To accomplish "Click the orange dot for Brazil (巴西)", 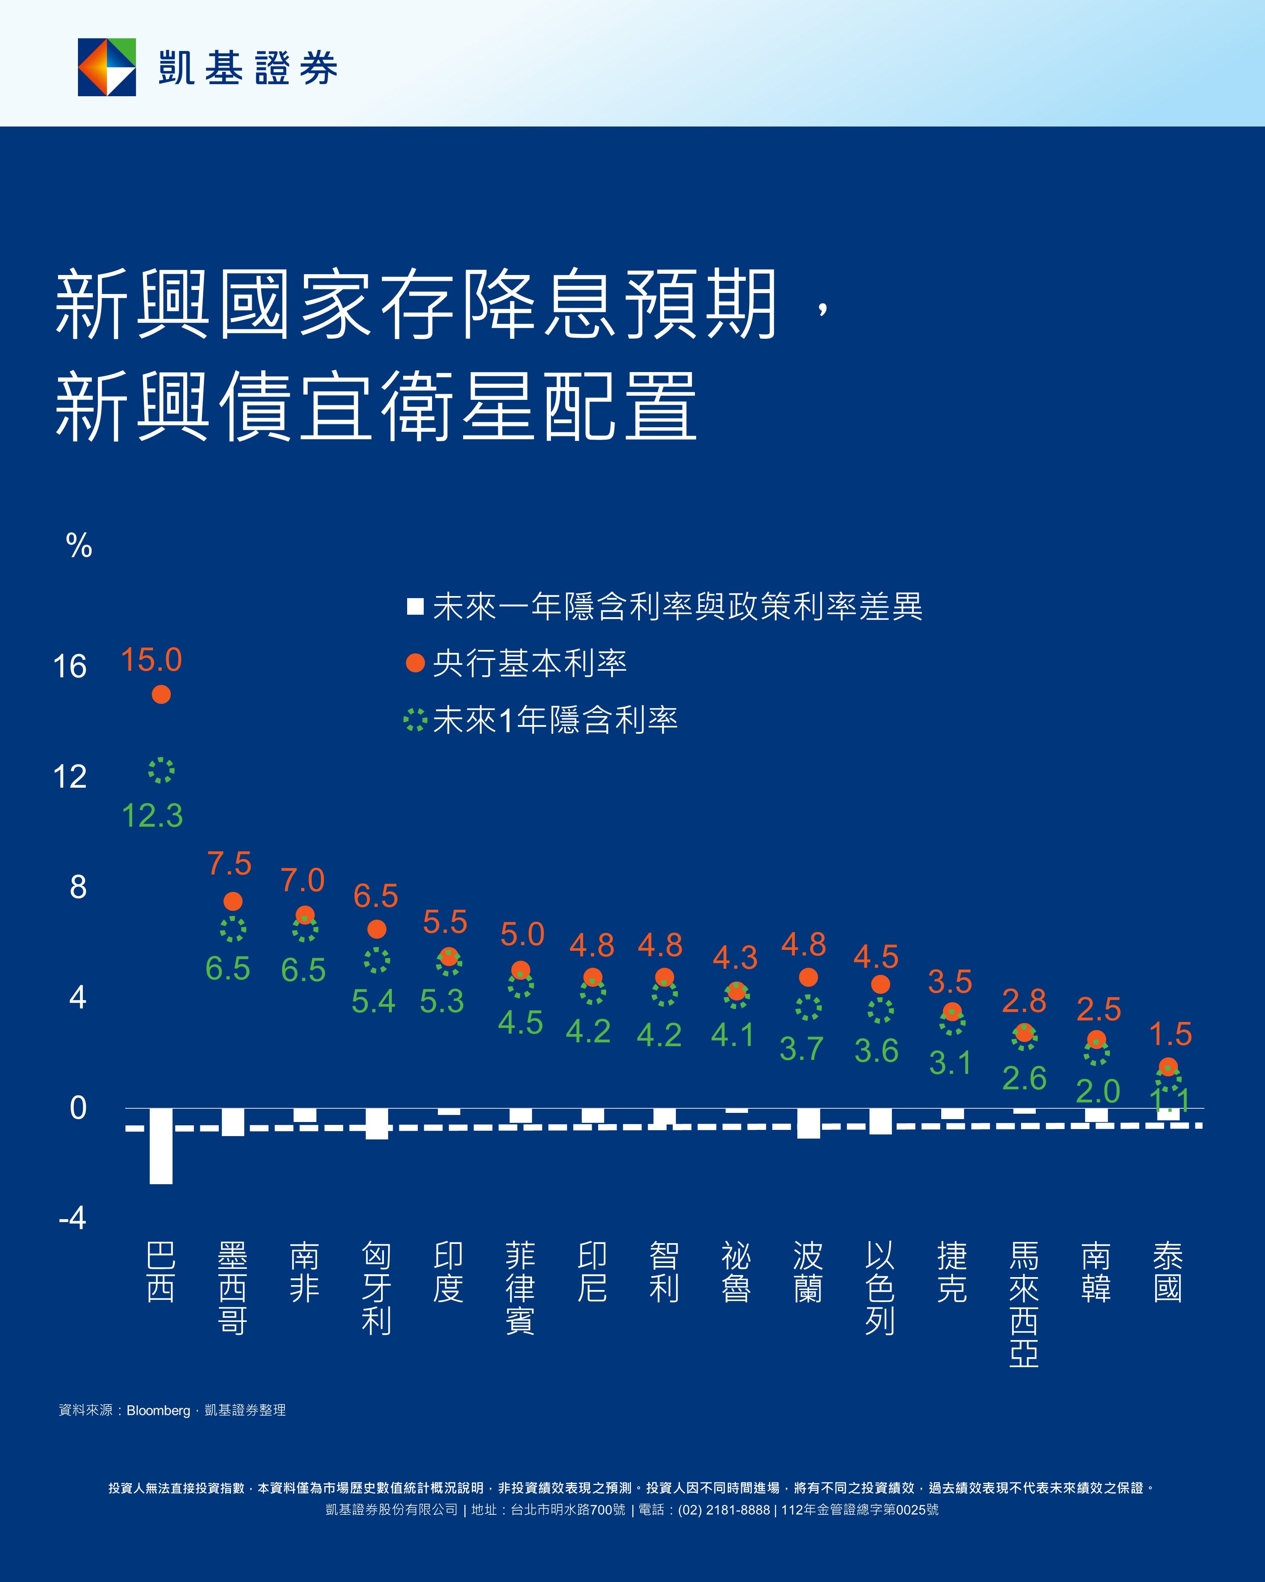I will coord(161,694).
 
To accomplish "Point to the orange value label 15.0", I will coord(151,660).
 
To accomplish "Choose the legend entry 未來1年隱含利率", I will coord(555,720).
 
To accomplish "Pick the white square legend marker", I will coord(415,606).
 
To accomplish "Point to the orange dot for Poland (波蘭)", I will coord(808,977).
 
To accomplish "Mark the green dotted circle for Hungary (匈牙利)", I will coord(377,960).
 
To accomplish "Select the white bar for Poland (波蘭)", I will coord(808,1123).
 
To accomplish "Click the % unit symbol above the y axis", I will coord(78,545).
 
